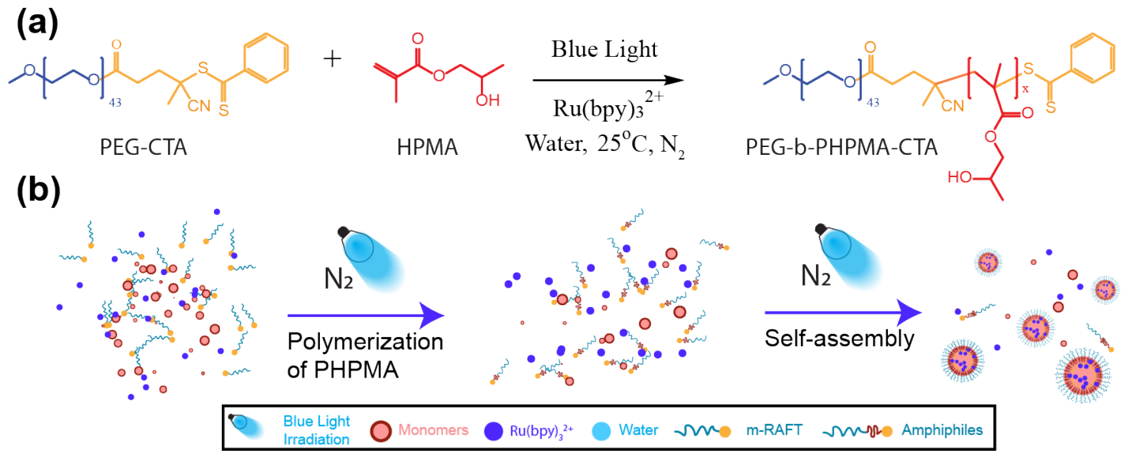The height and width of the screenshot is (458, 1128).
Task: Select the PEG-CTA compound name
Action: click(x=143, y=147)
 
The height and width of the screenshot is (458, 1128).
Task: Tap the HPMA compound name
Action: click(x=427, y=147)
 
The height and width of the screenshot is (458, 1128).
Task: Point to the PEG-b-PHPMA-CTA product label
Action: click(x=841, y=147)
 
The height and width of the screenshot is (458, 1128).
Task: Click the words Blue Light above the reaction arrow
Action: click(x=604, y=49)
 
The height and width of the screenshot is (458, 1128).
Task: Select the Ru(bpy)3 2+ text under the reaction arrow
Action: click(x=608, y=106)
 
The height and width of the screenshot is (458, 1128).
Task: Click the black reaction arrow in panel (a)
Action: click(x=608, y=80)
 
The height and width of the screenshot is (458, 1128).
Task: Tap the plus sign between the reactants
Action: click(x=332, y=59)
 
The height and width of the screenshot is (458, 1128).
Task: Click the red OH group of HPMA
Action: click(x=488, y=100)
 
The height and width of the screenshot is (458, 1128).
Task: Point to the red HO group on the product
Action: click(x=959, y=177)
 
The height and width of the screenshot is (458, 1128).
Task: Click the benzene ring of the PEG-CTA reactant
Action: click(x=266, y=58)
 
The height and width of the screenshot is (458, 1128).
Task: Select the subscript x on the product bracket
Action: click(x=1025, y=89)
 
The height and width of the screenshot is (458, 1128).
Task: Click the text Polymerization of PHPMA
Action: click(x=365, y=355)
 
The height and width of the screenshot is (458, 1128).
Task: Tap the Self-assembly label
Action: click(x=839, y=338)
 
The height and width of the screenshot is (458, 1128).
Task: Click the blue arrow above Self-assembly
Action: click(x=843, y=313)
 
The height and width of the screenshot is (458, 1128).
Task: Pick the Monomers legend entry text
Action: click(x=433, y=430)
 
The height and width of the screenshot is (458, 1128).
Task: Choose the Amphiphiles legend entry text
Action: click(x=942, y=430)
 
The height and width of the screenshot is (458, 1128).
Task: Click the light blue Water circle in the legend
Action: click(x=601, y=431)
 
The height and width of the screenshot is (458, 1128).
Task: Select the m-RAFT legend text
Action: click(x=774, y=430)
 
